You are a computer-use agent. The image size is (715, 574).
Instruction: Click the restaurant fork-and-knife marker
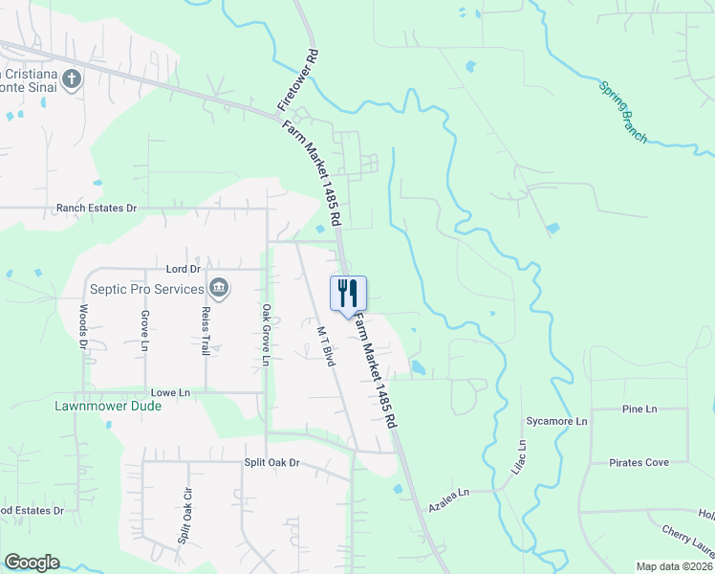coord(348,293)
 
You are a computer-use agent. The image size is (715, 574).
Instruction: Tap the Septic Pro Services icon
coord(219,288)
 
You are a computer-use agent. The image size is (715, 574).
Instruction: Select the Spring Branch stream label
coord(622,112)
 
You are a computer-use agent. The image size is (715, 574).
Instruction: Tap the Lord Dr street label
coord(182,270)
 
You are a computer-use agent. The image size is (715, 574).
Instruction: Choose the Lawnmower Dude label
coord(108,406)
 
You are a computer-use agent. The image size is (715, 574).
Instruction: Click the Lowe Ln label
coord(171,392)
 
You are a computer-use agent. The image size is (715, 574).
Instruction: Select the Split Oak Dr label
coord(272,463)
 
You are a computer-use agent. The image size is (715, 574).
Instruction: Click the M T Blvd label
coord(326,344)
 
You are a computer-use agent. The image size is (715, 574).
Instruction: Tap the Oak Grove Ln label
coord(267,334)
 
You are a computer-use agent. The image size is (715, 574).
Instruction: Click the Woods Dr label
coord(84,328)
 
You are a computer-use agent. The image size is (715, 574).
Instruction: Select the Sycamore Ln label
coord(556,421)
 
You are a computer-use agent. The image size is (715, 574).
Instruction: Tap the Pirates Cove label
coord(639,463)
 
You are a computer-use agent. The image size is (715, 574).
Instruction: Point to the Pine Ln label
coord(639,409)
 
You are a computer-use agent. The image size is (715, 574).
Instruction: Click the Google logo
coord(32,563)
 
